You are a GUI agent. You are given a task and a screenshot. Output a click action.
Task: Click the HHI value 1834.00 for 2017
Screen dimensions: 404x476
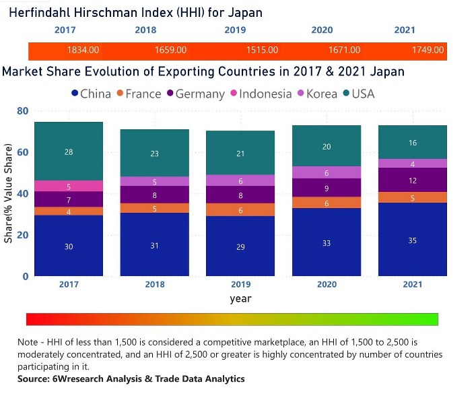pyautogui.click(x=83, y=50)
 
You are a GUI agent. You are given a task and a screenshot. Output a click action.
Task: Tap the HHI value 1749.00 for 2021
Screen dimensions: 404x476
pyautogui.click(x=428, y=50)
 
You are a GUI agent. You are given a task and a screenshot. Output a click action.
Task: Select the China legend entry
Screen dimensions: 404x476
pyautogui.click(x=91, y=94)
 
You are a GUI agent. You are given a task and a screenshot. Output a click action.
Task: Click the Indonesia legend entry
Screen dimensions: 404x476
pyautogui.click(x=259, y=94)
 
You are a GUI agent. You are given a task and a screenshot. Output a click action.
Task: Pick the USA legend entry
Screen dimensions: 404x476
pyautogui.click(x=358, y=94)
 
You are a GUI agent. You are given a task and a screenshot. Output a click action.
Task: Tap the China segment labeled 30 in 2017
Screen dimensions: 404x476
pyautogui.click(x=69, y=246)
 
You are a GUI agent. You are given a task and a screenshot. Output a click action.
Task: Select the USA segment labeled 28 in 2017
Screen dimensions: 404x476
pyautogui.click(x=69, y=151)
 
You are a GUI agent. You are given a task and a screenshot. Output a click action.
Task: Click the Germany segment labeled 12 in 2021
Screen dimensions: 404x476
pyautogui.click(x=412, y=180)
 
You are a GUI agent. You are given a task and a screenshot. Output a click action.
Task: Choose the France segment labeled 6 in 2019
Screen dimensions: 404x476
pyautogui.click(x=240, y=210)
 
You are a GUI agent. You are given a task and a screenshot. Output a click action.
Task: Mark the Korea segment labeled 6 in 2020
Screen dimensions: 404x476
pyautogui.click(x=327, y=173)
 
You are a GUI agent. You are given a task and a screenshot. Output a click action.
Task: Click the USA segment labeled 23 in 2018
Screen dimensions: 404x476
pyautogui.click(x=155, y=153)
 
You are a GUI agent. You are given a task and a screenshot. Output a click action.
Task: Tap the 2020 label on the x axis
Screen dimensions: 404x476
pyautogui.click(x=327, y=285)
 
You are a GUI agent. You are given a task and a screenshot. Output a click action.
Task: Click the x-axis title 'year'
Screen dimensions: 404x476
pyautogui.click(x=240, y=298)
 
